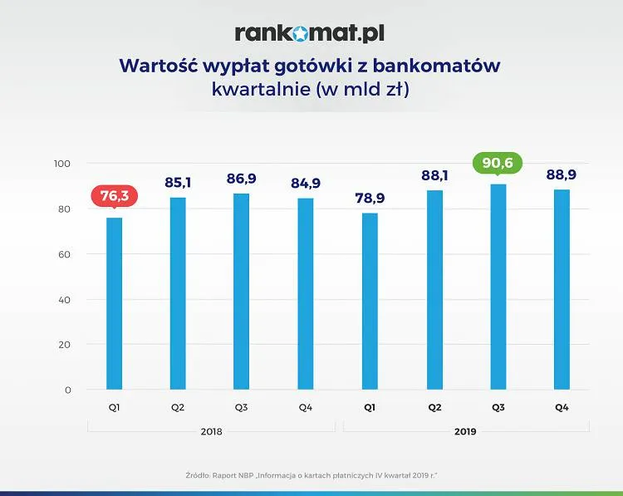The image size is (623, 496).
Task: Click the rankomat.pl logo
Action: (x=310, y=33)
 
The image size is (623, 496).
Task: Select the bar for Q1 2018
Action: (x=115, y=303)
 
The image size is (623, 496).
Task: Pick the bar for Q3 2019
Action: (x=498, y=287)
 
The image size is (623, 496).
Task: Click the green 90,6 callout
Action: (x=498, y=163)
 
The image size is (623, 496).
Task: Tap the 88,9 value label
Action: (x=562, y=175)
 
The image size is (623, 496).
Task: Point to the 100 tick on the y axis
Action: (x=61, y=164)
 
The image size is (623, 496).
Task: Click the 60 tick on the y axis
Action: (x=64, y=254)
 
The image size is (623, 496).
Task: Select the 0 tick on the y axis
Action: (x=68, y=390)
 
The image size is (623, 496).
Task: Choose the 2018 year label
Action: (x=211, y=432)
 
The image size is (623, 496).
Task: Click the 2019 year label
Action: (x=466, y=432)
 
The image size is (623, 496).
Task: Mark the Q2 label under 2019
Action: (x=434, y=408)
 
